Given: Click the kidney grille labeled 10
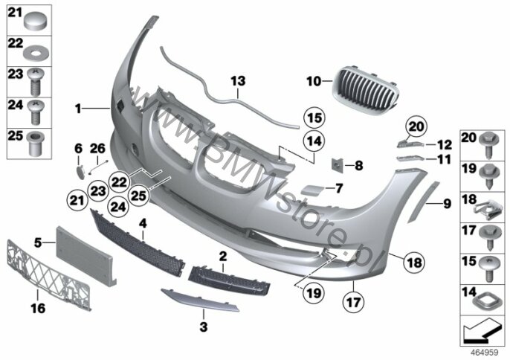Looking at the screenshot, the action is pyautogui.click(x=366, y=91).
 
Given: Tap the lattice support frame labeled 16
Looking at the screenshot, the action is pyautogui.click(x=48, y=275).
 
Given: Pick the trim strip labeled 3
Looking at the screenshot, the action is pyautogui.click(x=200, y=300).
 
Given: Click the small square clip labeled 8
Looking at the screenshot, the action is pyautogui.click(x=337, y=165).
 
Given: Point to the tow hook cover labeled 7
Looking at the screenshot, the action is pyautogui.click(x=312, y=190).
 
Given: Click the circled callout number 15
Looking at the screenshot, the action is pyautogui.click(x=314, y=118).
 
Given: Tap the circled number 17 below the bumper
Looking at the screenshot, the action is pyautogui.click(x=354, y=303).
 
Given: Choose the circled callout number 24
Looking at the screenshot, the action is pyautogui.click(x=118, y=206).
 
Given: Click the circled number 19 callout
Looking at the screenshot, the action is pyautogui.click(x=314, y=293).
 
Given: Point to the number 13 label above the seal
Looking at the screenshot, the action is pyautogui.click(x=238, y=81).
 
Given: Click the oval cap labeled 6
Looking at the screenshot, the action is pyautogui.click(x=80, y=172).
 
